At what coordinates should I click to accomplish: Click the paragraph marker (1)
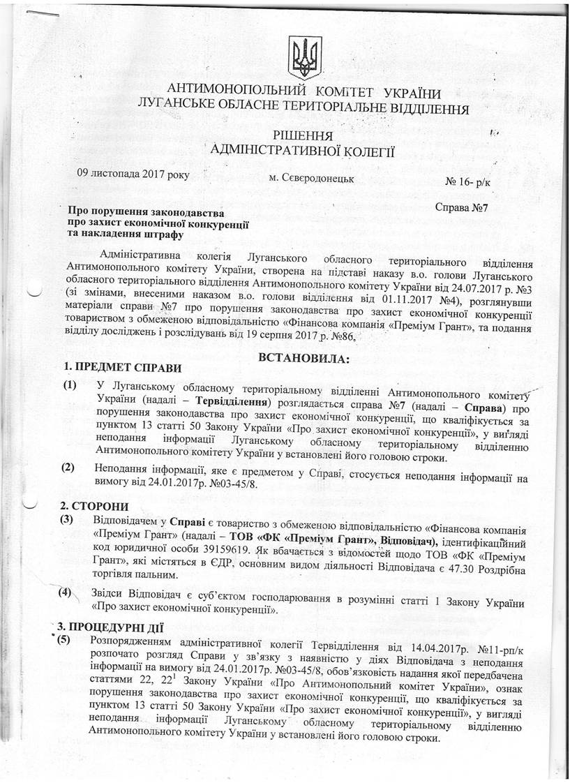click(70, 385)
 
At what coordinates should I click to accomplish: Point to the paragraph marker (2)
click(68, 468)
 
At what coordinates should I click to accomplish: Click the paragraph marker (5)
click(68, 639)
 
